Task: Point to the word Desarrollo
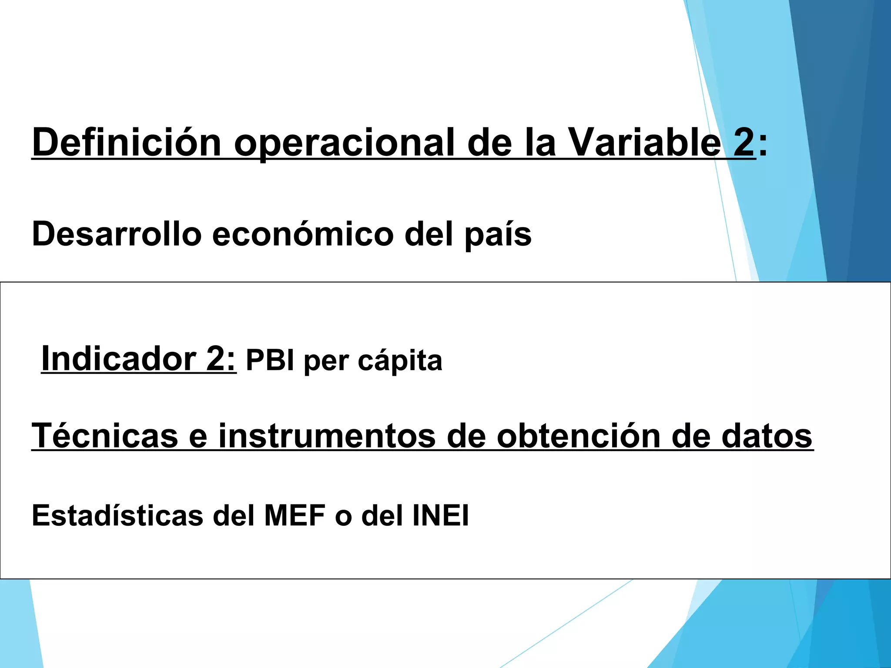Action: click(117, 234)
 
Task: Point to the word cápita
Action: click(400, 361)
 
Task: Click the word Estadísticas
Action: click(117, 515)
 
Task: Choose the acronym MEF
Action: click(295, 515)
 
